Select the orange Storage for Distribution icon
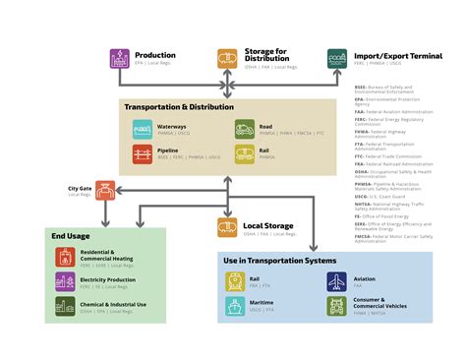click(227, 60)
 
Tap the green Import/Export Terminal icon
click(336, 60)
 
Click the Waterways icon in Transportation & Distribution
click(143, 128)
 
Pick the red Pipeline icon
click(143, 153)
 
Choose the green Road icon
click(245, 128)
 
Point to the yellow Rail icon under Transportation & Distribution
click(245, 153)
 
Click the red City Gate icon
click(106, 190)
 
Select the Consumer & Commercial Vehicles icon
click(337, 307)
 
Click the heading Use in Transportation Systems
click(280, 261)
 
